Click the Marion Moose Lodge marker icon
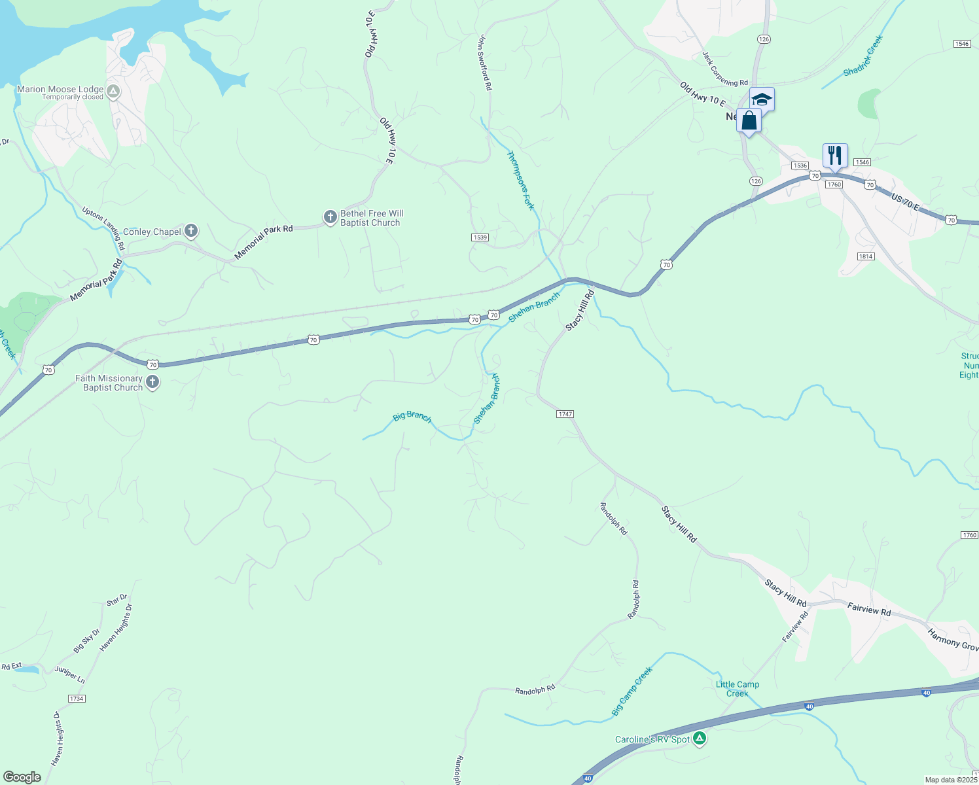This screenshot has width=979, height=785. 113,92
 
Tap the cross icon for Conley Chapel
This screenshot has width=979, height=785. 190,230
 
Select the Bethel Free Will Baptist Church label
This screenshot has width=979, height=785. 371,218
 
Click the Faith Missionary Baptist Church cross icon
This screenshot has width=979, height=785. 152,382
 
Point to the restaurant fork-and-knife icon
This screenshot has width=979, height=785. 834,156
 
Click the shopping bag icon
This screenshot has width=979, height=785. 749,121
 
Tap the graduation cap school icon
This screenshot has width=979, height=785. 762,99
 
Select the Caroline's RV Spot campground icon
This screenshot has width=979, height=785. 700,739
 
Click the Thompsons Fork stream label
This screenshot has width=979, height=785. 521,180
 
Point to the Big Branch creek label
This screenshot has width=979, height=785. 412,416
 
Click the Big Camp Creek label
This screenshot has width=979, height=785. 632,691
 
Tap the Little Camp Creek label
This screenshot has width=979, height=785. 738,689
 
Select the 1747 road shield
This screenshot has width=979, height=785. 565,414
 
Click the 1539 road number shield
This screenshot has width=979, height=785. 480,237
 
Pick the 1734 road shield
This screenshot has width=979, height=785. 77,699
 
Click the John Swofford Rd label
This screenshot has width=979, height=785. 484,63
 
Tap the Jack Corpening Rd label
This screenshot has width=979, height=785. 724,69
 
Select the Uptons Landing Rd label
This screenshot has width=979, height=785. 103,228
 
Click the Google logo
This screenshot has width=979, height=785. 22,777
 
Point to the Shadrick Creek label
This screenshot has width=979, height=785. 863,56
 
